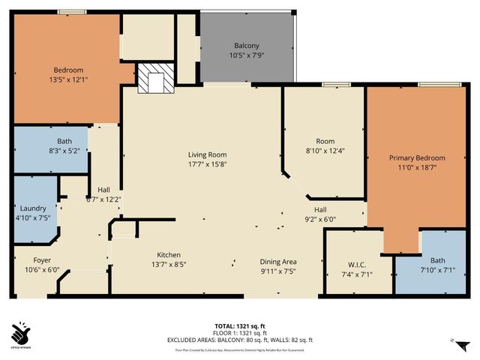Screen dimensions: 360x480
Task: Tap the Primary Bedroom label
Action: (417, 158)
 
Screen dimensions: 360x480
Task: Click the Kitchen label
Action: (169, 254)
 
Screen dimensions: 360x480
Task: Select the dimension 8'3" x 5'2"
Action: (64, 151)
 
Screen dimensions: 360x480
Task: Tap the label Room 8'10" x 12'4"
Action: (325, 145)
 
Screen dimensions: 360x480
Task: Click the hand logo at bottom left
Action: (21, 331)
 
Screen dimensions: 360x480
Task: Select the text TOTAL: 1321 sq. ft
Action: (239, 325)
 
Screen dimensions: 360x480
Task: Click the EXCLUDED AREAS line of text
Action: (239, 340)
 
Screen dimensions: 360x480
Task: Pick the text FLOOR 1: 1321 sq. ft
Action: (239, 333)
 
